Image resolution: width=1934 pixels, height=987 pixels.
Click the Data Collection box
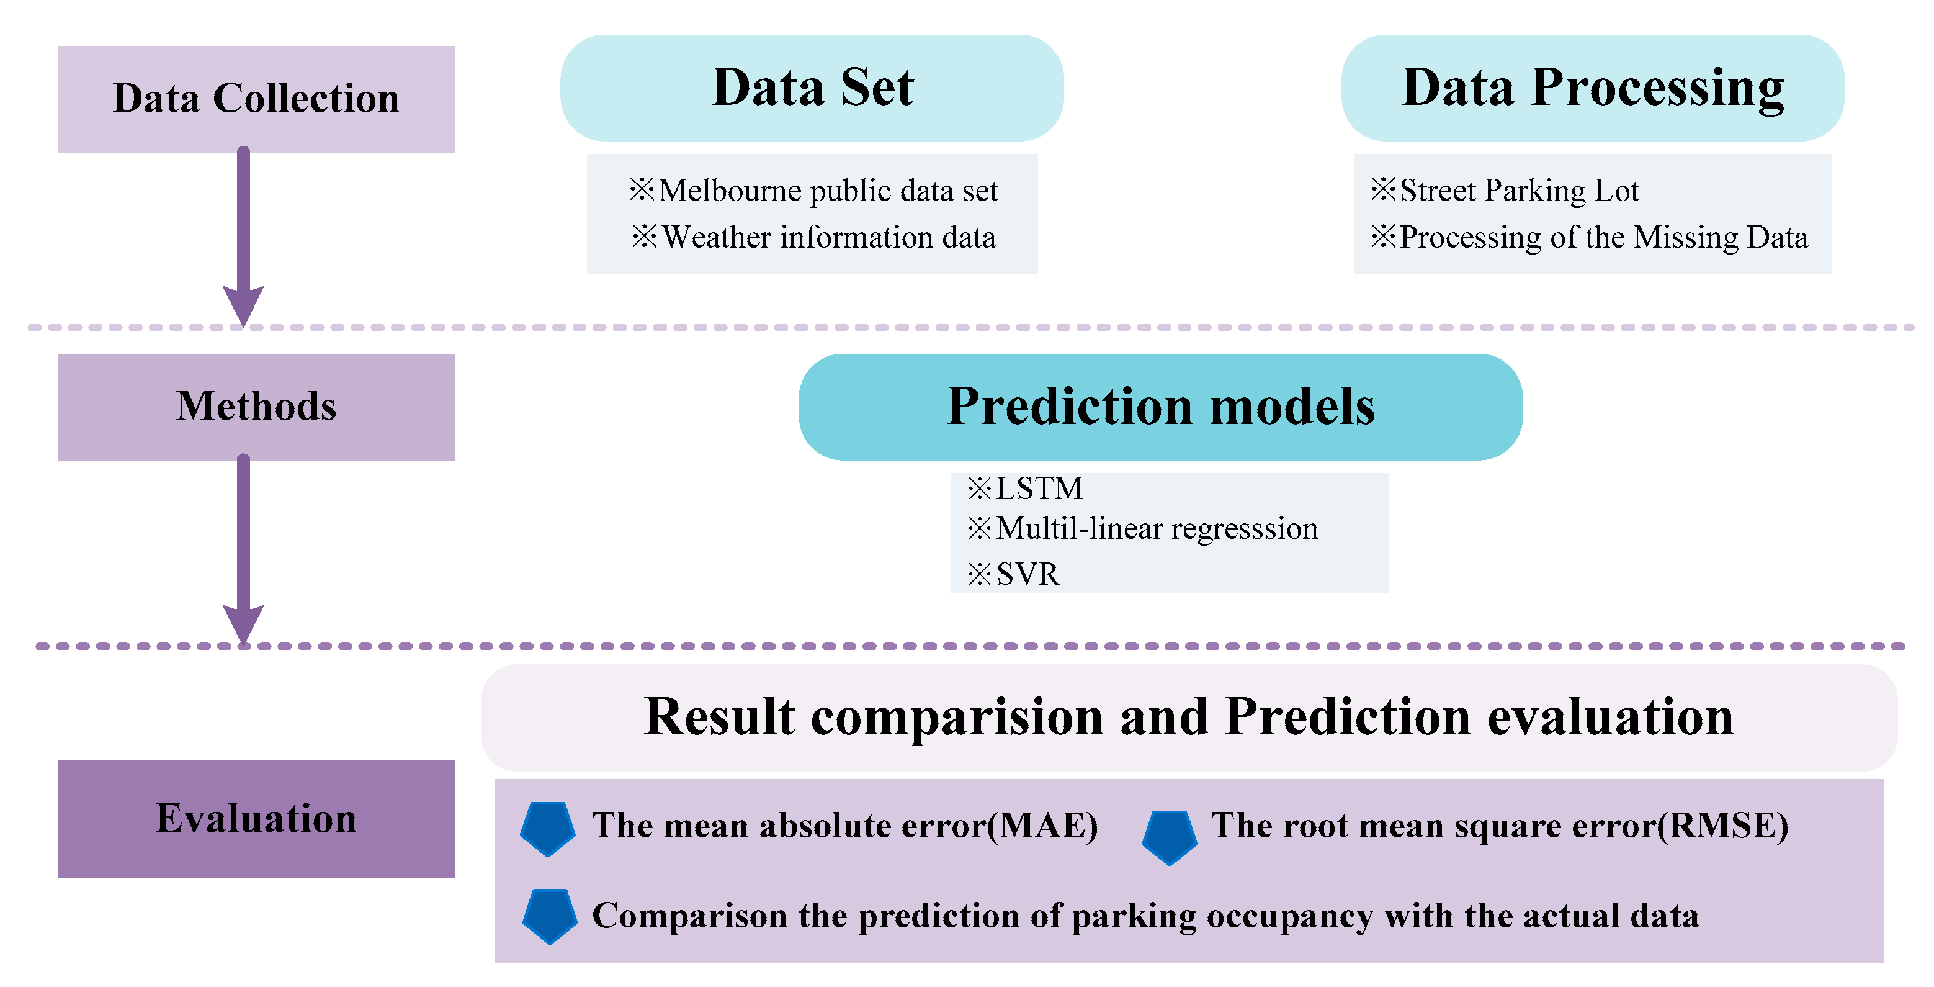(x=256, y=99)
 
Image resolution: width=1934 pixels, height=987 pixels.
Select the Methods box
(x=256, y=407)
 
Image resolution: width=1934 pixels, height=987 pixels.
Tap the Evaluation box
(x=256, y=819)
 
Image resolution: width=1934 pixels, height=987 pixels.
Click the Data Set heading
(x=812, y=88)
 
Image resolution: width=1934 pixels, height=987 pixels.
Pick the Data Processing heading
(x=1592, y=88)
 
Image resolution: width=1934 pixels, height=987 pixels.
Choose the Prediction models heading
(x=1161, y=407)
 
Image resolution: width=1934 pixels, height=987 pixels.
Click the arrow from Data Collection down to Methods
(x=243, y=237)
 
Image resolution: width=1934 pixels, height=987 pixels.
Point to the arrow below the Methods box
(x=243, y=550)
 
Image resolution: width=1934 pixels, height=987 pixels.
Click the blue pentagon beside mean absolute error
(x=548, y=829)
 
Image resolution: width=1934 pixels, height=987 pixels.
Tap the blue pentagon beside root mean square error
(x=1170, y=837)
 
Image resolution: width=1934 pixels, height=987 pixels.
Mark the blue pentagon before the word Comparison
(x=550, y=916)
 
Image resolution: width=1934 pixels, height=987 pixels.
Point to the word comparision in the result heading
(x=957, y=718)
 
